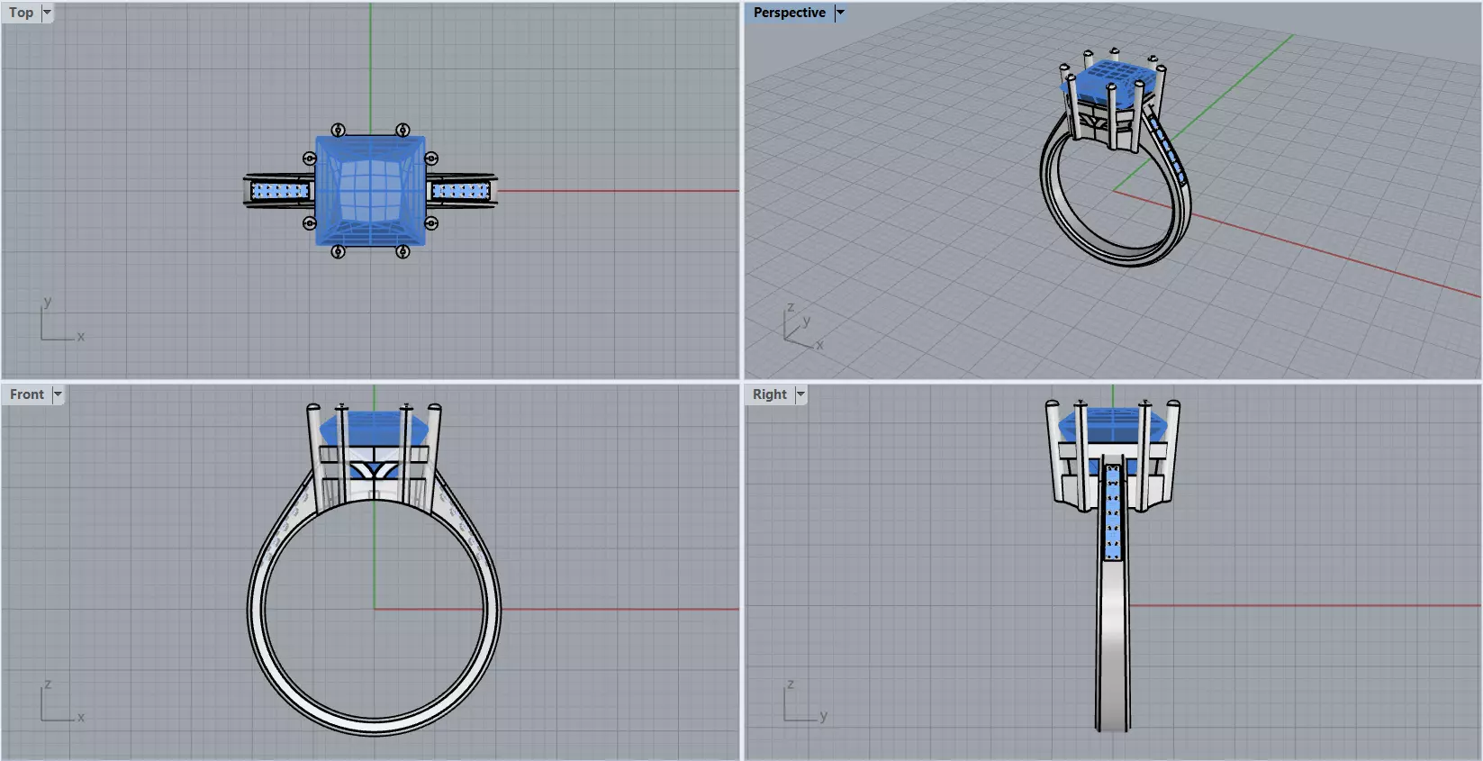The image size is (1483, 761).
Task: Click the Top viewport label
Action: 22,13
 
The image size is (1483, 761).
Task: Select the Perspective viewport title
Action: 789,13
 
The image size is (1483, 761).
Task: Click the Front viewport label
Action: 26,394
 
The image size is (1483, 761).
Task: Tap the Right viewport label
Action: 769,394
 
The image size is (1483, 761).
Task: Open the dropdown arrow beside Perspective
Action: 840,13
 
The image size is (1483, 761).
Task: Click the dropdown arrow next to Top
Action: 47,13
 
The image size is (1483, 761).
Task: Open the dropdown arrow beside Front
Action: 58,394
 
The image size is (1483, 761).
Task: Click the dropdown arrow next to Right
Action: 800,394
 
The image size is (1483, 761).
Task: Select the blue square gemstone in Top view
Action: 370,190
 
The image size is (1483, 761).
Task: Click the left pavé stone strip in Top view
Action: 279,191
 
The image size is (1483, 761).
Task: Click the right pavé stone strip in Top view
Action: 460,191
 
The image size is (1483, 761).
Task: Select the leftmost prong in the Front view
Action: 313,450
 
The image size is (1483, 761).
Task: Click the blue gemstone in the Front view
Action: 372,429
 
